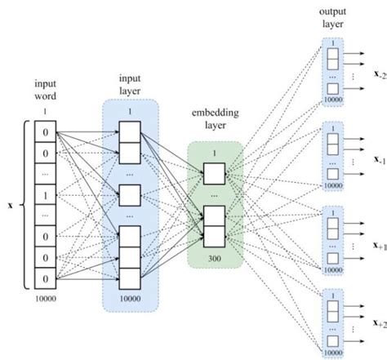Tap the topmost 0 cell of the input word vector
tap(47, 131)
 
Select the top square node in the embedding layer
tap(214, 173)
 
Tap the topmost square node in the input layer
tap(131, 133)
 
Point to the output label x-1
tap(379, 162)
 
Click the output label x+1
tap(379, 245)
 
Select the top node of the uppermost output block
tap(332, 56)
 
